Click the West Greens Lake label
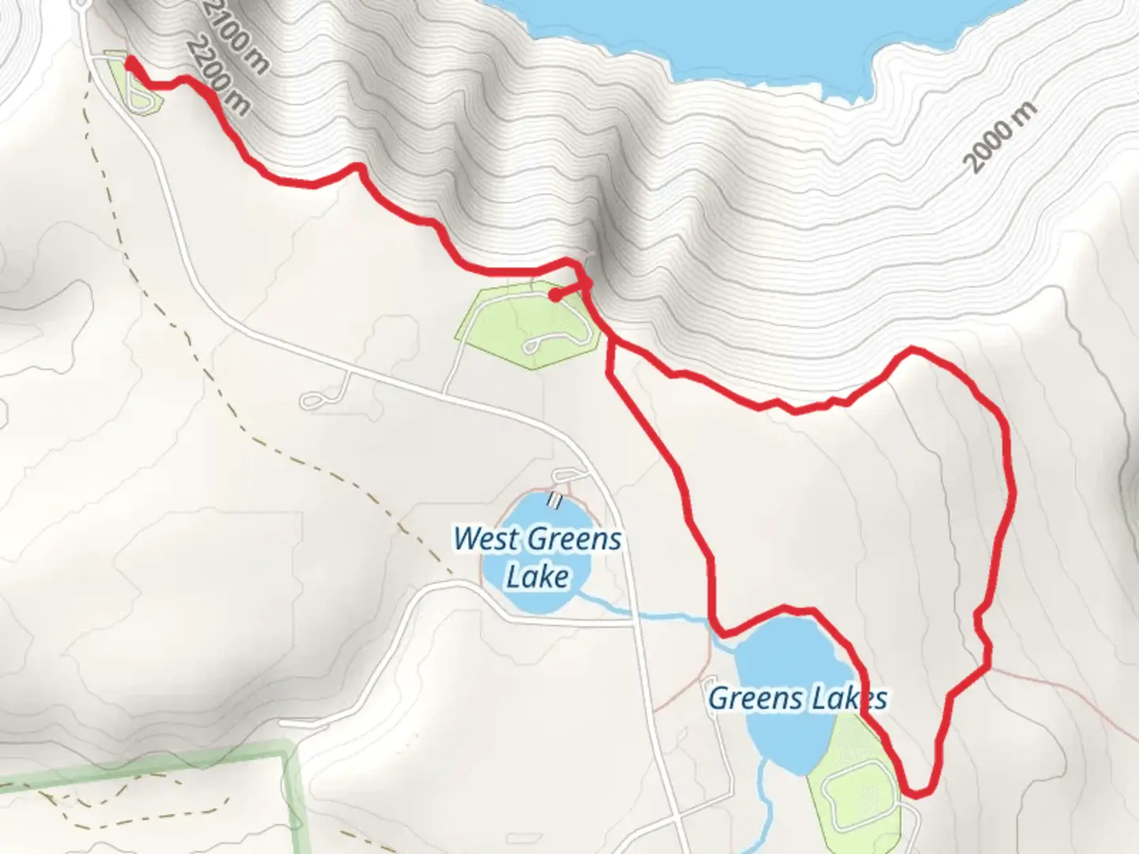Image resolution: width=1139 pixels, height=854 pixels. click(x=538, y=557)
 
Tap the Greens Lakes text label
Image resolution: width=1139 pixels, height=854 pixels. click(x=797, y=699)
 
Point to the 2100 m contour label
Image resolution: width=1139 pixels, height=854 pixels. click(x=236, y=36)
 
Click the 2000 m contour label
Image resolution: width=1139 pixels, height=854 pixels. click(x=1001, y=138)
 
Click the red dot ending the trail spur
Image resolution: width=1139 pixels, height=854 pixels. click(x=555, y=296)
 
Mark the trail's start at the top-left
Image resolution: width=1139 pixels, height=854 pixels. click(x=129, y=60)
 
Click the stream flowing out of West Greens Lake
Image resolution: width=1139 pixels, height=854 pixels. click(x=633, y=611)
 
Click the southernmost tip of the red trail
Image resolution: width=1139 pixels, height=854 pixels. click(x=918, y=793)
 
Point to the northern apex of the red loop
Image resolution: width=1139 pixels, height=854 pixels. click(x=914, y=349)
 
